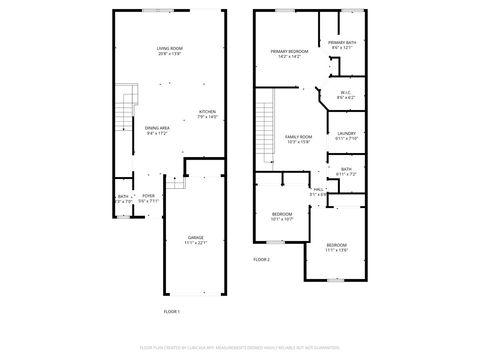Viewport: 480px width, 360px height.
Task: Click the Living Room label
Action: coord(168,50)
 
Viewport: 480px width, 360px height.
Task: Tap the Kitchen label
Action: coord(207,112)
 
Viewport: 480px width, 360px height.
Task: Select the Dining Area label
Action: coord(157,130)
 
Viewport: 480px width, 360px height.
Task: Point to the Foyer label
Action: coord(148,197)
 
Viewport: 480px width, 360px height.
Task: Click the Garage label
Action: coord(195,238)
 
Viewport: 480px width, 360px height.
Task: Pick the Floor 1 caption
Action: coord(171,312)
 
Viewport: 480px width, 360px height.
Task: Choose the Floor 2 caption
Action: coord(261,259)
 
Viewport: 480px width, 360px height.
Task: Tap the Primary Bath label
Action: coord(341,44)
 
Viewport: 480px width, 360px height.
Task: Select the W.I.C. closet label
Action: coord(346,96)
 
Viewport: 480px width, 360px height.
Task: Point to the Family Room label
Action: coord(298,138)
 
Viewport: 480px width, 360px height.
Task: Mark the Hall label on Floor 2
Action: coord(318,190)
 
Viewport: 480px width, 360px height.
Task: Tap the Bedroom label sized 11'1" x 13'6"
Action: coord(335,247)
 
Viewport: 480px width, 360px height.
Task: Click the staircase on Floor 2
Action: coord(264,125)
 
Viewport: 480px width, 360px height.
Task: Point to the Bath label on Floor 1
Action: coord(122,197)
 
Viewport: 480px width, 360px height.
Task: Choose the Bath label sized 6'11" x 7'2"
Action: coord(346,171)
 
